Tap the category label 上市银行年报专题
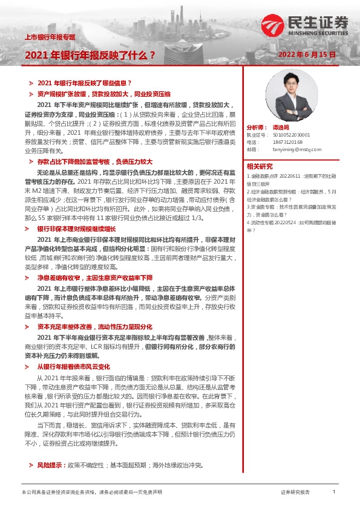pyautogui.click(x=49, y=37)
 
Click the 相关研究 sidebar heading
pyautogui.click(x=260, y=166)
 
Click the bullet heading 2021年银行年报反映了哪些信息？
pyautogui.click(x=85, y=83)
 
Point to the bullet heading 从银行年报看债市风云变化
pyautogui.click(x=74, y=366)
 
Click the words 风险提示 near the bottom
pyautogui.click(x=51, y=465)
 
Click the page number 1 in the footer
pyautogui.click(x=334, y=492)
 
